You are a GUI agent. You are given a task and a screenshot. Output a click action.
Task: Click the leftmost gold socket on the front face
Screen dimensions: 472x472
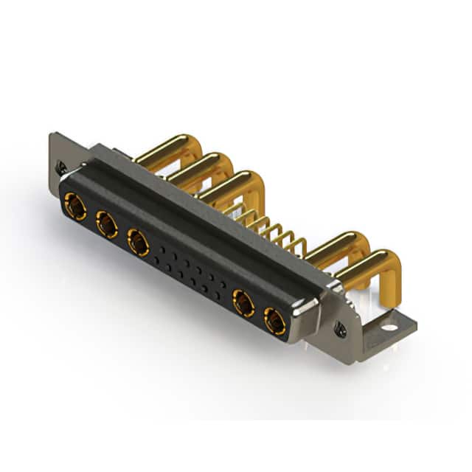pyautogui.click(x=74, y=206)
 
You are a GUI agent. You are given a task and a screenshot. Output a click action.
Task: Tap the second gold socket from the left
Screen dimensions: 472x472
pyautogui.click(x=107, y=225)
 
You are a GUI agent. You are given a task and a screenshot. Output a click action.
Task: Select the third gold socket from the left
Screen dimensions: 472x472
pyautogui.click(x=139, y=241)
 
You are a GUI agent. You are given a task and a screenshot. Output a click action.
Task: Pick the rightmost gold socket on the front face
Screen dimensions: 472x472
pyautogui.click(x=275, y=321)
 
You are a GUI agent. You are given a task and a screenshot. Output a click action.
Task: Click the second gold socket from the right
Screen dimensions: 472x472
pyautogui.click(x=243, y=303)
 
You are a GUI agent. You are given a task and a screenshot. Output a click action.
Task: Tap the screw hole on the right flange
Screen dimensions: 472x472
pyautogui.click(x=341, y=330)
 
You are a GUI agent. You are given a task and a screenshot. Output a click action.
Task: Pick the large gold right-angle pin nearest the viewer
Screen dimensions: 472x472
pyautogui.click(x=369, y=263)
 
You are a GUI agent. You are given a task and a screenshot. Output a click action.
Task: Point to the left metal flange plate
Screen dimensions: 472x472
pyautogui.click(x=59, y=155)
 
